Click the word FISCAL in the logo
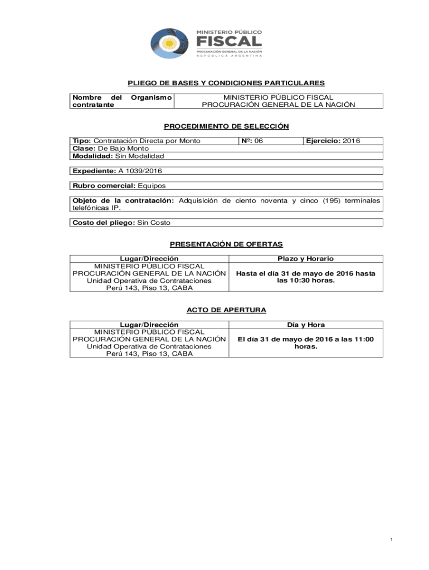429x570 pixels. (228, 42)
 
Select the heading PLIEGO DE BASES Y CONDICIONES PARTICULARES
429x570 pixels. (226, 83)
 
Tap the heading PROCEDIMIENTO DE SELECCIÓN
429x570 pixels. (226, 126)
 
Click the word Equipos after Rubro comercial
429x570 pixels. (152, 185)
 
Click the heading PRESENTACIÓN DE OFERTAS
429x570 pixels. (226, 244)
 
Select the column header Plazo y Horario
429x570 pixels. (305, 258)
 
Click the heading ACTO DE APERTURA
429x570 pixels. (226, 309)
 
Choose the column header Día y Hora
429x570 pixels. (305, 325)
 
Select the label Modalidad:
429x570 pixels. (92, 156)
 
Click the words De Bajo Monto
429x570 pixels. (124, 149)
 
